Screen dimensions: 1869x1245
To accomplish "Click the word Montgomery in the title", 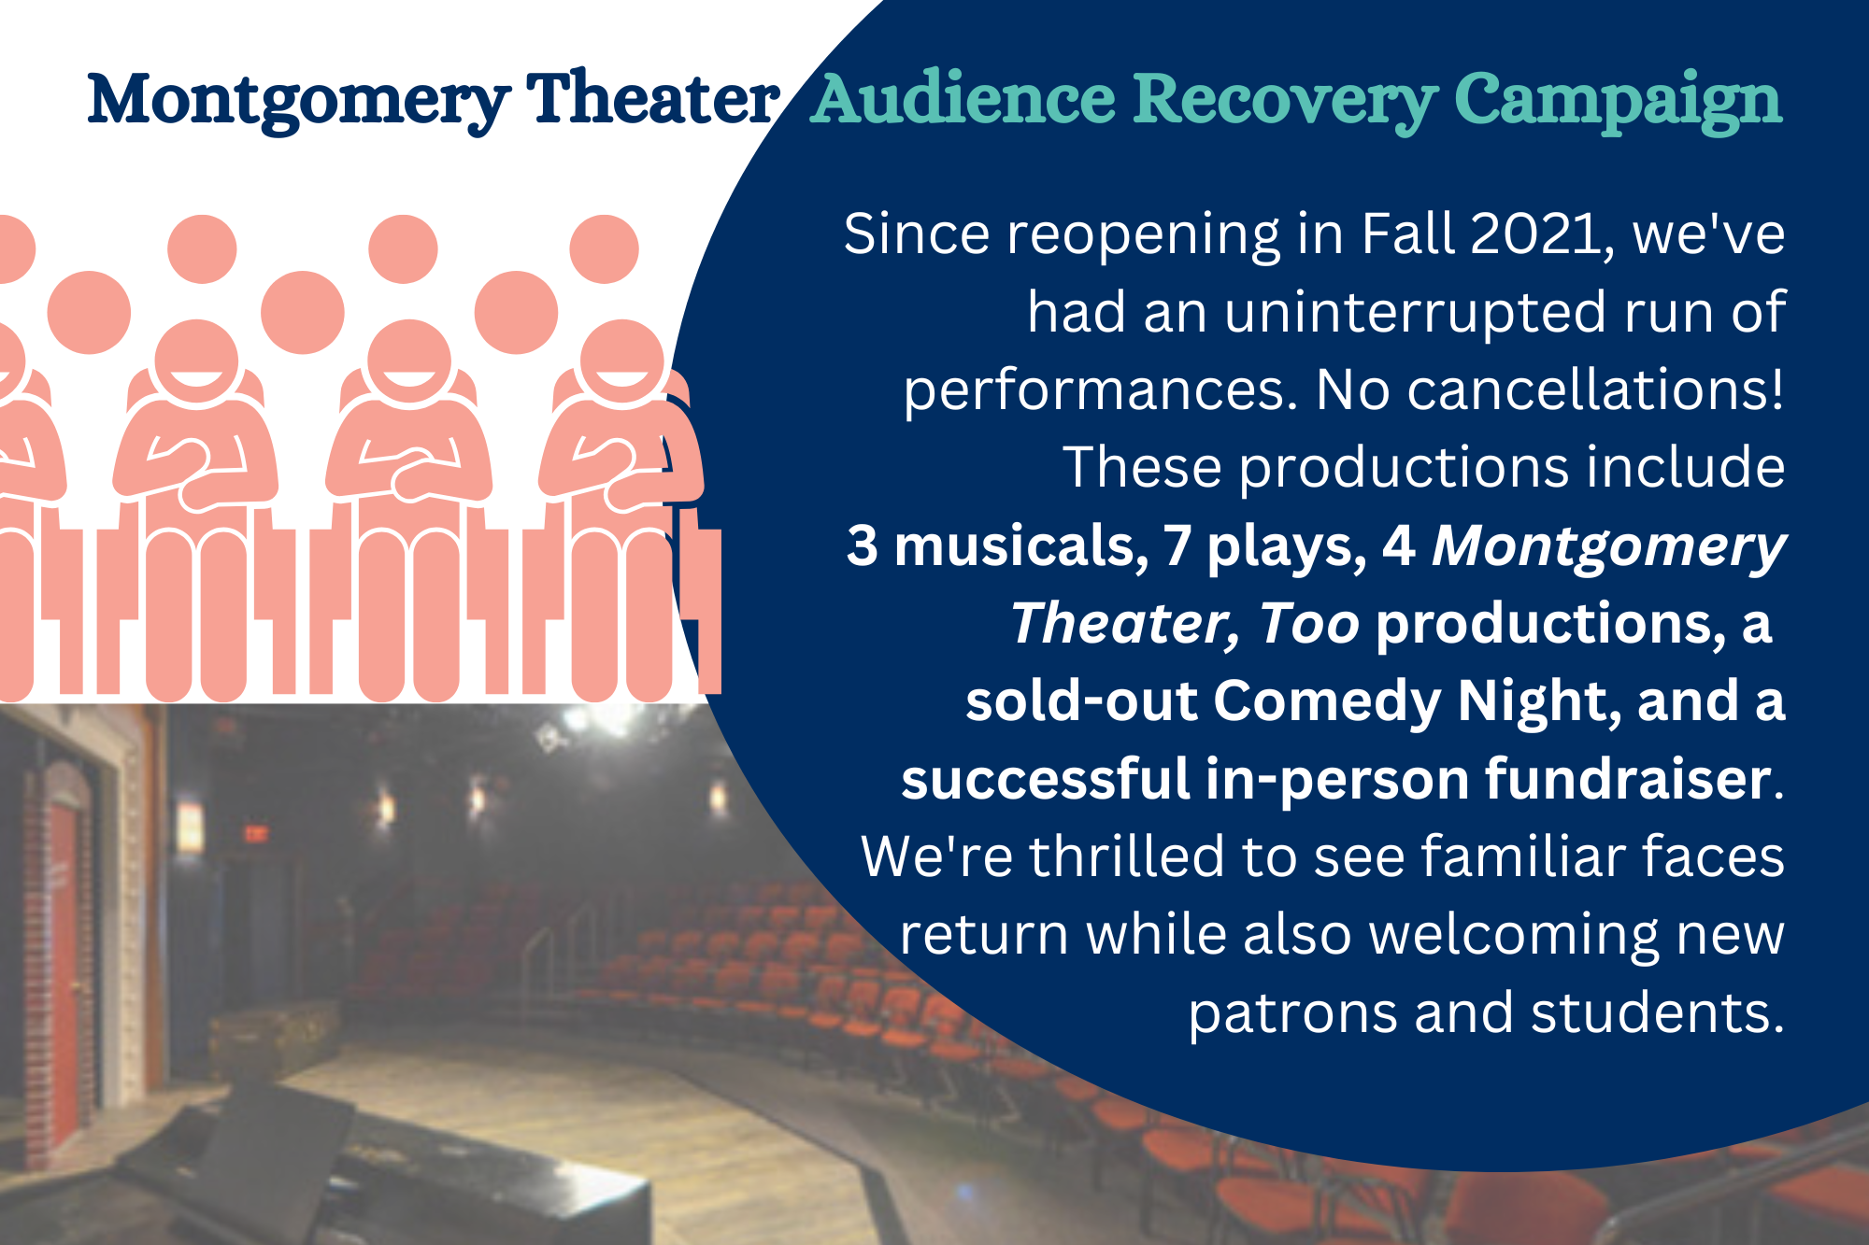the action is click(x=299, y=100).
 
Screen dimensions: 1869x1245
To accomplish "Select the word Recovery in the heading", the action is click(x=1286, y=100).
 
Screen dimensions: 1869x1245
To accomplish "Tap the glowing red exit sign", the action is click(x=254, y=833).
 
